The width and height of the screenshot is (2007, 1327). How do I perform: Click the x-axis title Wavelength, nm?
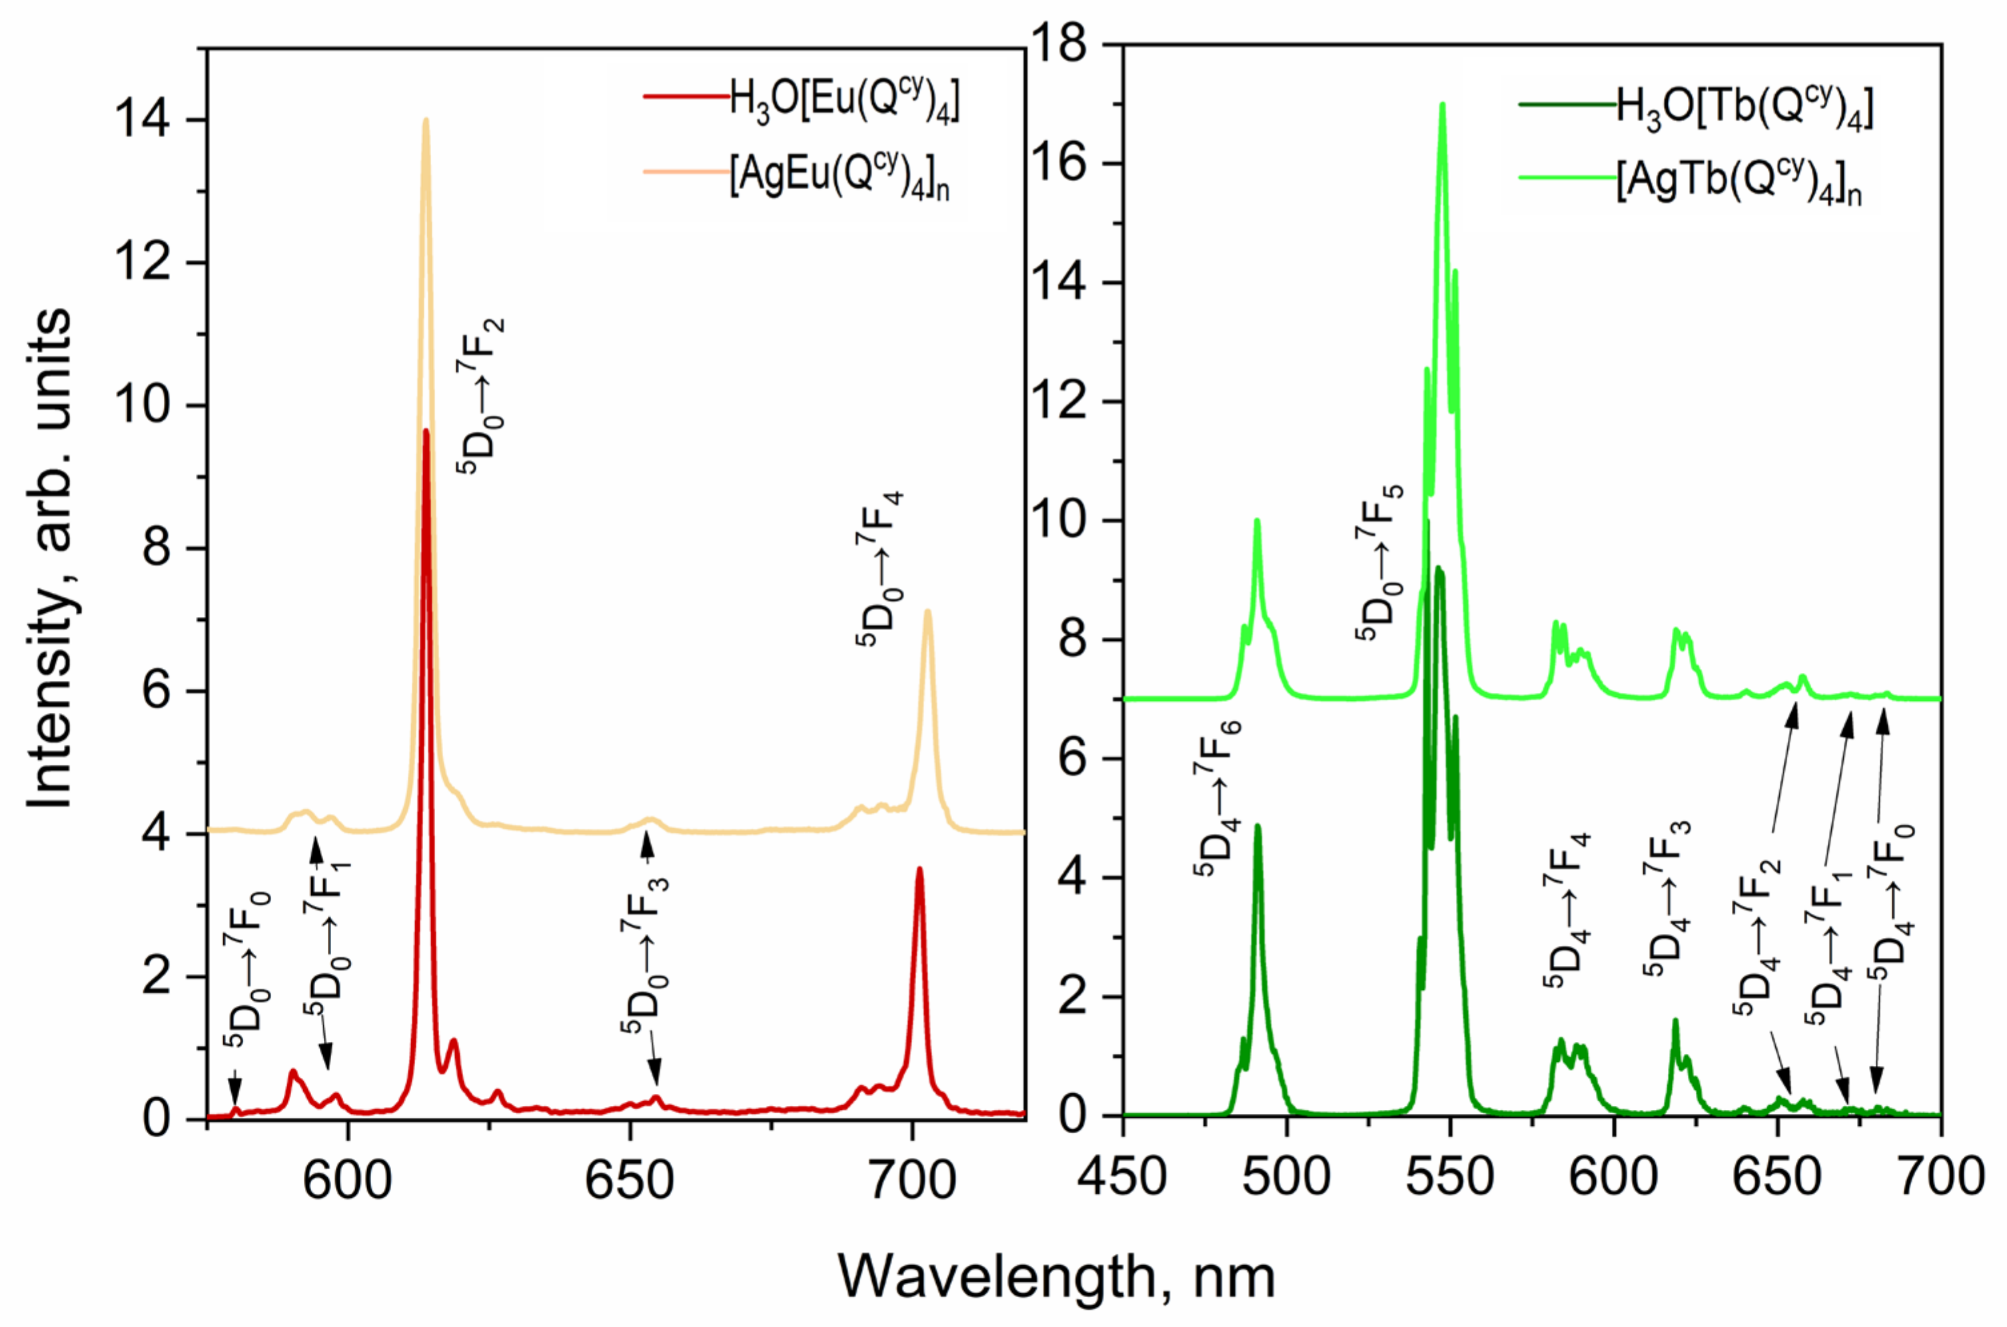(1056, 1276)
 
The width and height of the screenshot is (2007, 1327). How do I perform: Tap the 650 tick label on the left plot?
(630, 1179)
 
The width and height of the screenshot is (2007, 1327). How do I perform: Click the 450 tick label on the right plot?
(1122, 1176)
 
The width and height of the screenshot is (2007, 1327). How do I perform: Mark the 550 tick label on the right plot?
(1450, 1176)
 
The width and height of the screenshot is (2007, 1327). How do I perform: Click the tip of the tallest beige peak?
(426, 119)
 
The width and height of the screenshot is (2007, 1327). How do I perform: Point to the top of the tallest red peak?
(426, 431)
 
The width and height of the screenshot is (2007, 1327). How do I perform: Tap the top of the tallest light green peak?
(1443, 105)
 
